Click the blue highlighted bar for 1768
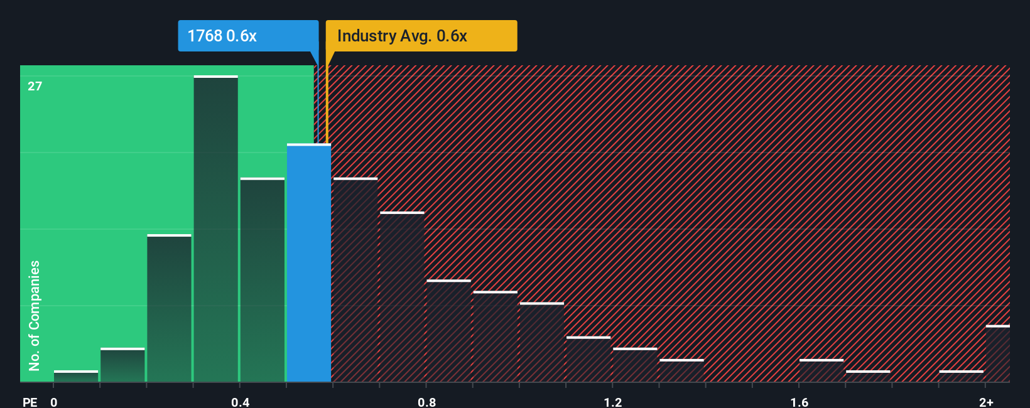(308, 264)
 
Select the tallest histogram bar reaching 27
(215, 229)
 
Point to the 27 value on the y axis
(35, 86)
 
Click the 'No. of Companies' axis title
(35, 315)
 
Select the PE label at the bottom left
(30, 402)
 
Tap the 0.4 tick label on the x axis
(240, 402)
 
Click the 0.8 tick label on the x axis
(426, 402)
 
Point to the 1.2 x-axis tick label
(613, 402)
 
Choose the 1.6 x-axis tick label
(799, 402)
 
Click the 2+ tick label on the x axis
(986, 402)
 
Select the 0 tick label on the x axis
(54, 402)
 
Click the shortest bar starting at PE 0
(76, 377)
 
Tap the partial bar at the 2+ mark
(997, 354)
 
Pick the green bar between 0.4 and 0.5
(262, 281)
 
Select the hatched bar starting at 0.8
(448, 331)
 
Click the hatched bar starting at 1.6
(821, 371)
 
